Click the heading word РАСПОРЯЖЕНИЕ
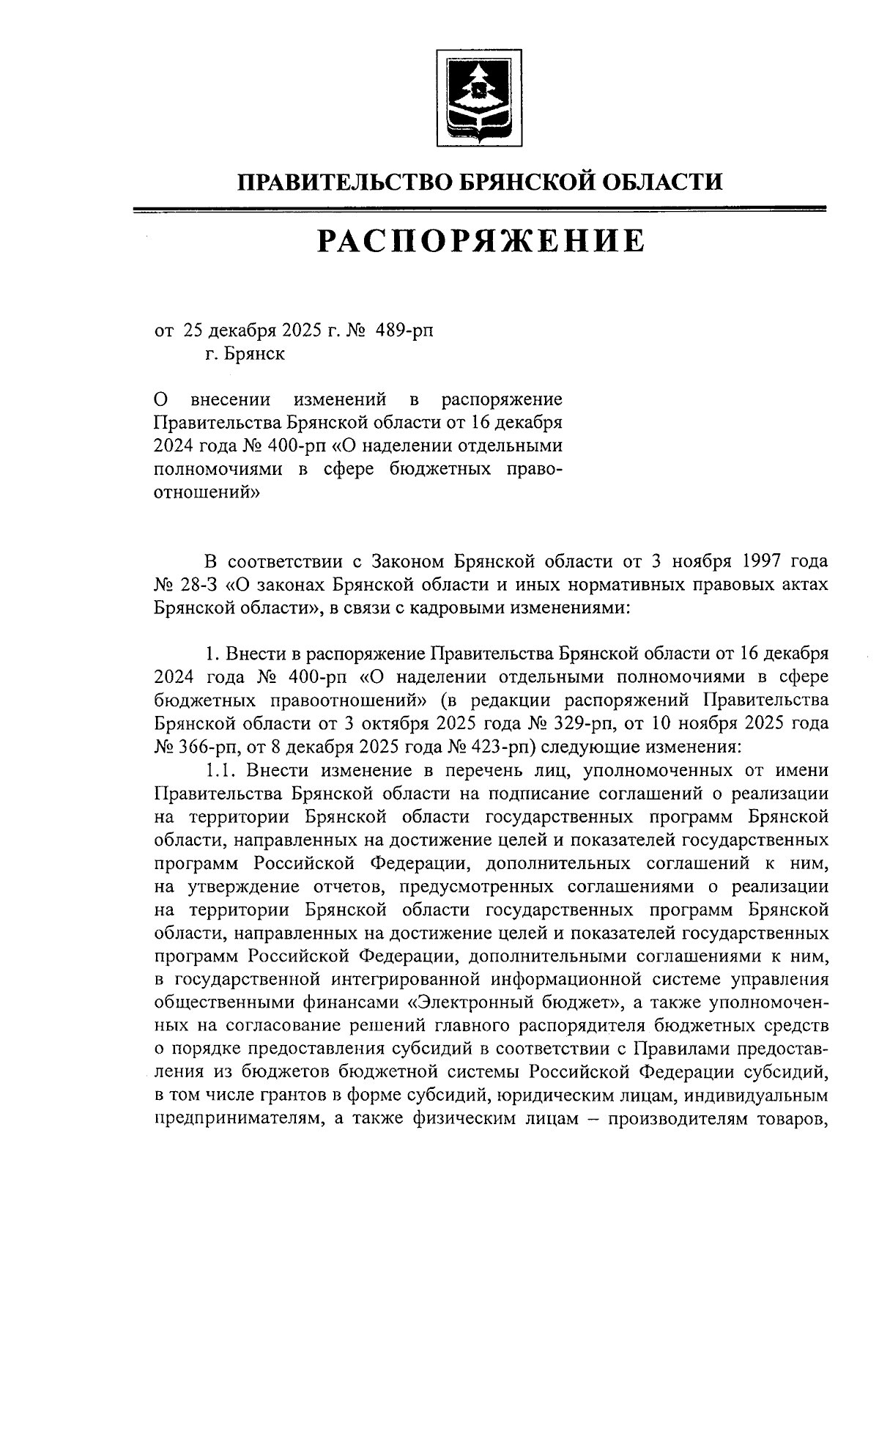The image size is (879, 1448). pyautogui.click(x=481, y=241)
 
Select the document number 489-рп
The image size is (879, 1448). pyautogui.click(x=404, y=330)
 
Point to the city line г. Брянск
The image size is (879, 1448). pyautogui.click(x=245, y=355)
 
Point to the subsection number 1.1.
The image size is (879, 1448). pyautogui.click(x=221, y=770)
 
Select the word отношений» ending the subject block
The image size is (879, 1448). pyautogui.click(x=207, y=493)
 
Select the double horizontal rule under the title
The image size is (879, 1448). pyautogui.click(x=481, y=210)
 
